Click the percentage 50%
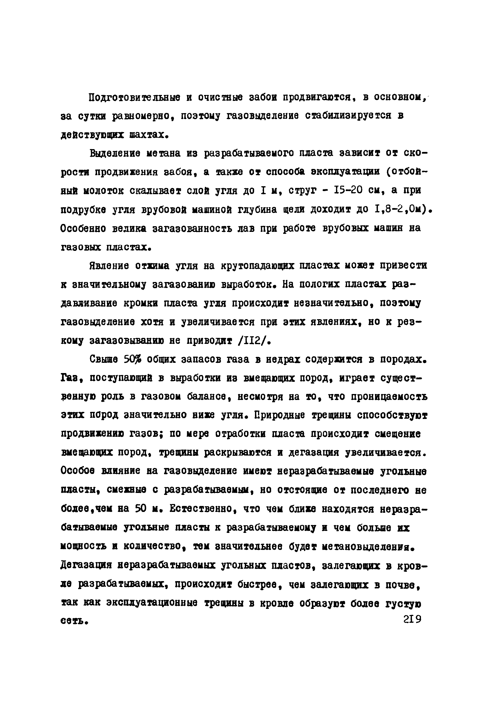coord(132,359)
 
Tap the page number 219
coord(412,619)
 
